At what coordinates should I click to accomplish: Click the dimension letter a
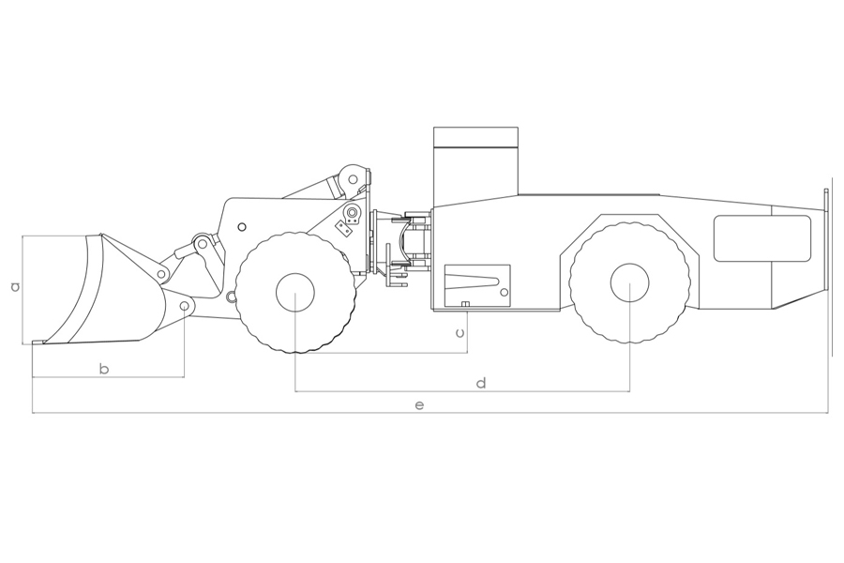(16, 286)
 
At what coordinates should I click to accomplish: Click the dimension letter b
(104, 369)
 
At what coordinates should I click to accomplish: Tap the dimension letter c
(460, 332)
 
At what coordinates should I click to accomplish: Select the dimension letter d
(482, 383)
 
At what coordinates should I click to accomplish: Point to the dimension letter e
(420, 404)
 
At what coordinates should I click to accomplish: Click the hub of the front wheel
(295, 292)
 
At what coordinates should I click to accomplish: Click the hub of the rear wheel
(630, 282)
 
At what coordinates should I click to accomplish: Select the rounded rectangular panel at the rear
(762, 238)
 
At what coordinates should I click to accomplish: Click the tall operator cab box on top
(475, 160)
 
